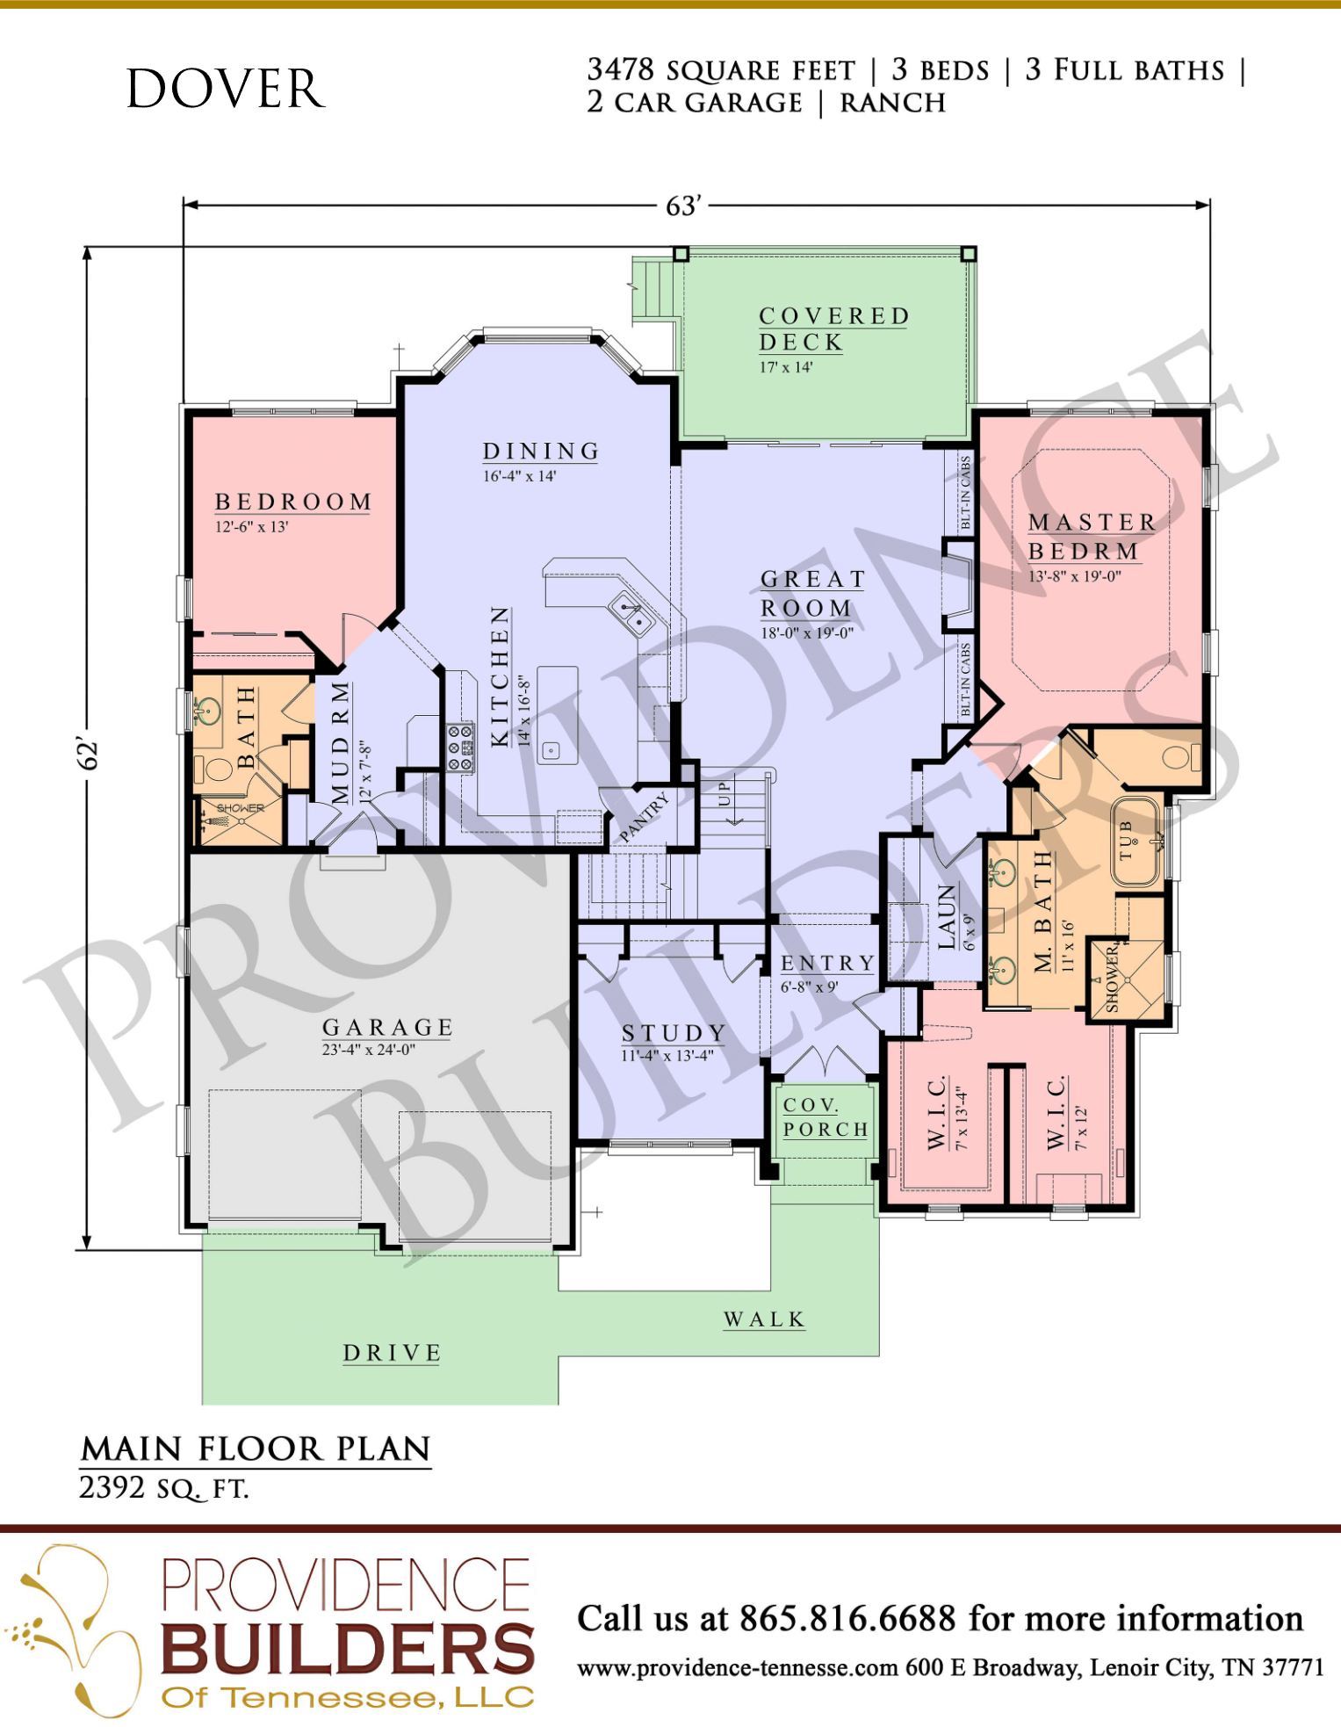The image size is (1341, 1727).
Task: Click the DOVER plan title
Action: coord(226,89)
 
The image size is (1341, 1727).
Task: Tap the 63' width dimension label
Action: coord(683,206)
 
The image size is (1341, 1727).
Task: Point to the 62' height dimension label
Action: coord(88,753)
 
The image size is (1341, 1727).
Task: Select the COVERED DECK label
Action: coord(833,329)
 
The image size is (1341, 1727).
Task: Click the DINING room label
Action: coord(541,451)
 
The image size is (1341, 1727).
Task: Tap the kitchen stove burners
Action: coord(459,748)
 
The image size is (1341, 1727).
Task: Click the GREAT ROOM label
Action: coord(813,593)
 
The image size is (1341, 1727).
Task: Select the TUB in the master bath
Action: coord(1136,841)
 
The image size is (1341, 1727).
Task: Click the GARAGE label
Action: coord(387,1027)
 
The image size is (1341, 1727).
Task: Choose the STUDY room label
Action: coord(674,1033)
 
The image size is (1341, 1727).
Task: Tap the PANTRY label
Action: coord(644,816)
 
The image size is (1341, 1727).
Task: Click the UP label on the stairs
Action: coord(724,793)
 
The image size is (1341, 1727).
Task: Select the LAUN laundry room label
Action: coord(947,916)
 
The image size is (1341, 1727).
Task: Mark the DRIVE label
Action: coord(392,1353)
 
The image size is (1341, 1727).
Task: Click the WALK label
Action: coord(764,1319)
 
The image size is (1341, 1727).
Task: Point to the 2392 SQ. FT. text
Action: coord(164,1488)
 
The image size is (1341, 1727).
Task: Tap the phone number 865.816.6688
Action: coord(847,1618)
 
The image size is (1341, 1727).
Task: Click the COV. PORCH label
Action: coord(826,1117)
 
